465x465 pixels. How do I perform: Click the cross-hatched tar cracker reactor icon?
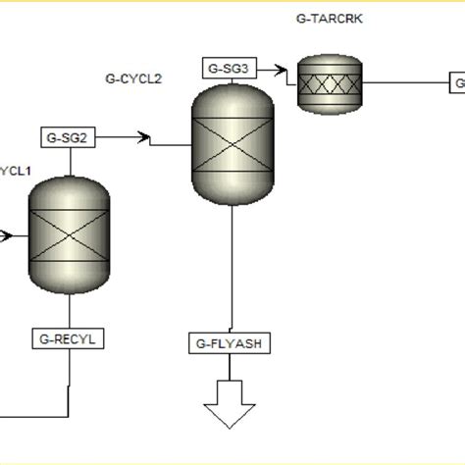(330, 84)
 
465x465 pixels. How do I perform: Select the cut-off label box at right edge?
(457, 84)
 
